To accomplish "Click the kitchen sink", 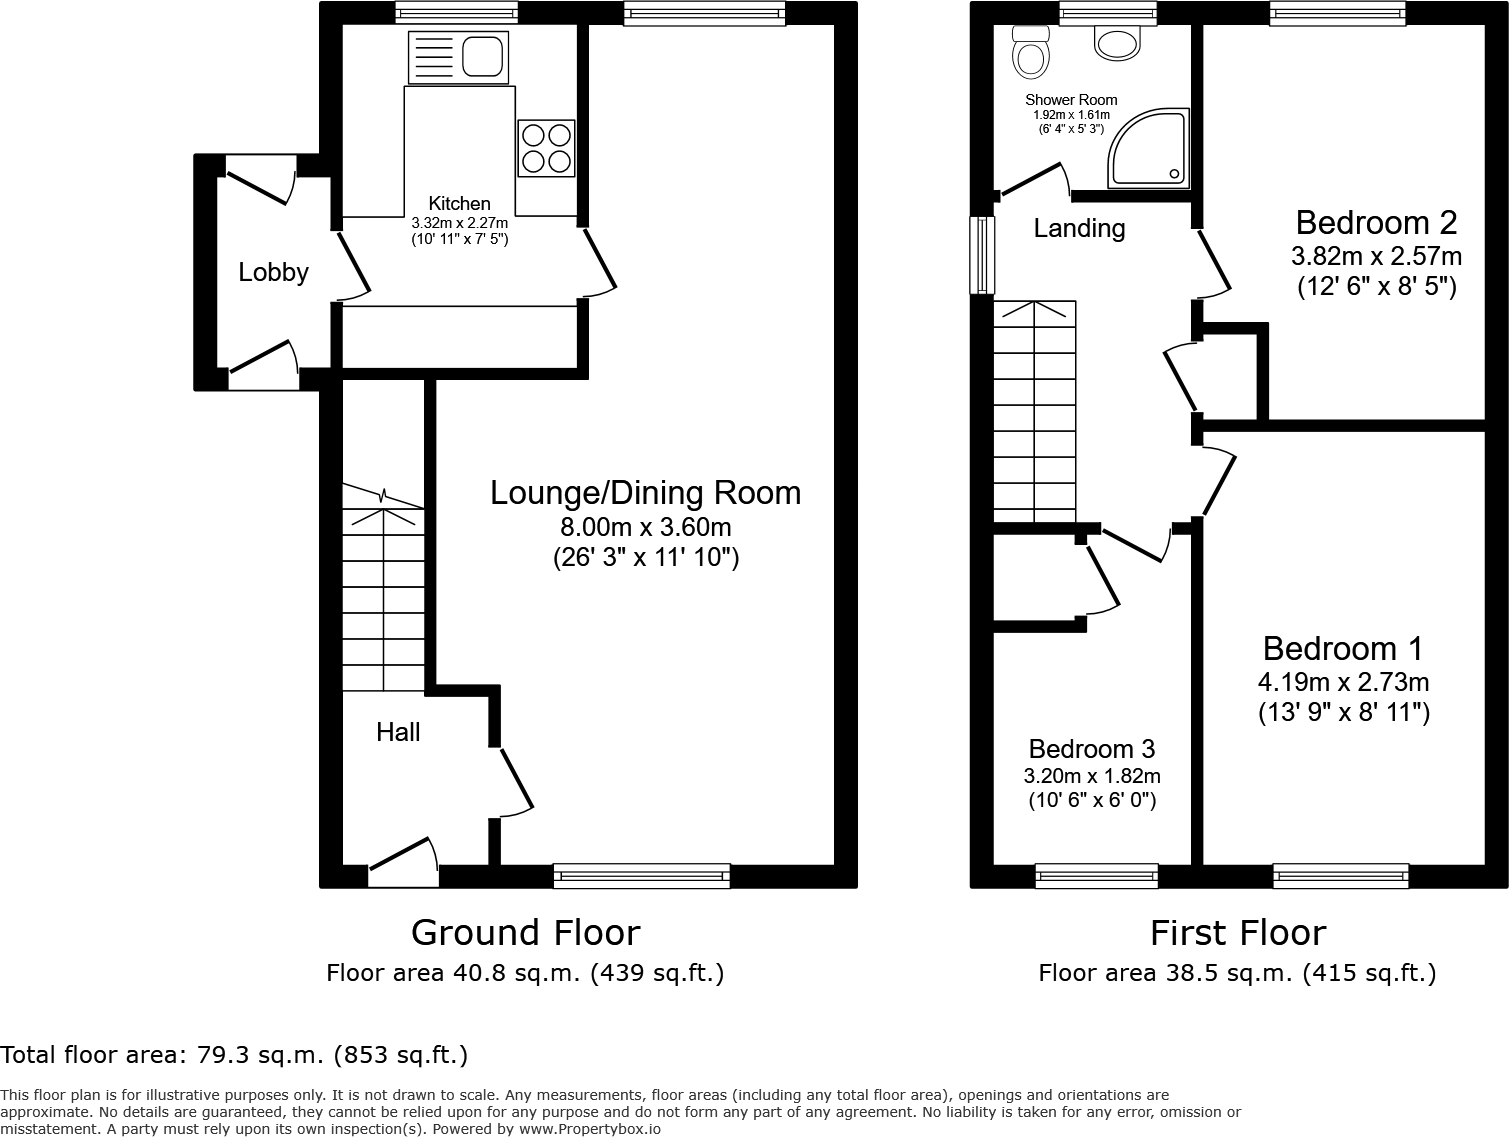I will [459, 57].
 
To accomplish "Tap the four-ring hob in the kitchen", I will [546, 148].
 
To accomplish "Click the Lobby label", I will [273, 272].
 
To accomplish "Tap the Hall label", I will [397, 732].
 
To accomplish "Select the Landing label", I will [1079, 228].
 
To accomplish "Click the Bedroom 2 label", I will [1376, 221].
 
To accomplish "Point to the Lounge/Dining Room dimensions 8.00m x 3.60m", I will [645, 527].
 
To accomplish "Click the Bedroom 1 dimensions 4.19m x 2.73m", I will [1342, 682].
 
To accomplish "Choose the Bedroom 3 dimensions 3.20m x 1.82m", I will [1091, 776].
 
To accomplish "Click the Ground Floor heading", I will [525, 932].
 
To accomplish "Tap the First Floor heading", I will [1237, 932].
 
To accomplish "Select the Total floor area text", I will [234, 1054].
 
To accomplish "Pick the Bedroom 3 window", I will [1096, 876].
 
